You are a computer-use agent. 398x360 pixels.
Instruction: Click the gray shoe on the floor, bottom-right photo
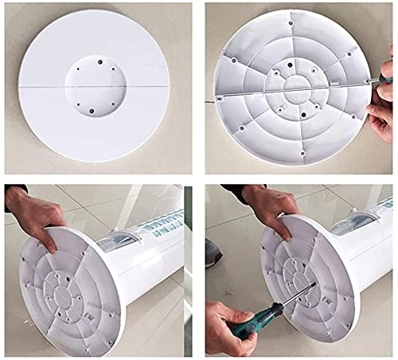coord(211,252)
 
